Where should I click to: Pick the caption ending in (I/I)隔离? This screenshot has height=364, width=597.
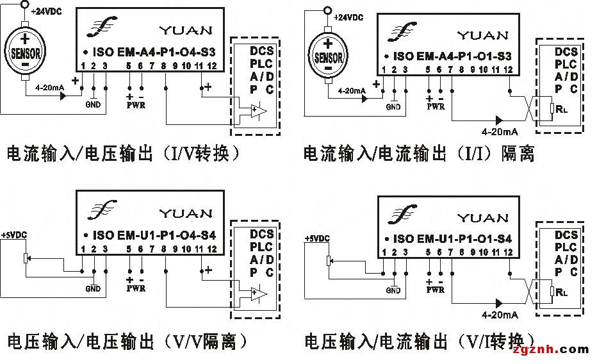419,154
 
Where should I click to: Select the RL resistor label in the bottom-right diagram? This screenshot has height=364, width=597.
562,292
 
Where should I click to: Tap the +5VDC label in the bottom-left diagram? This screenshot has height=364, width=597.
13,235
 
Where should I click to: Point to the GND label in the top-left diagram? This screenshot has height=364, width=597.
93,105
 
